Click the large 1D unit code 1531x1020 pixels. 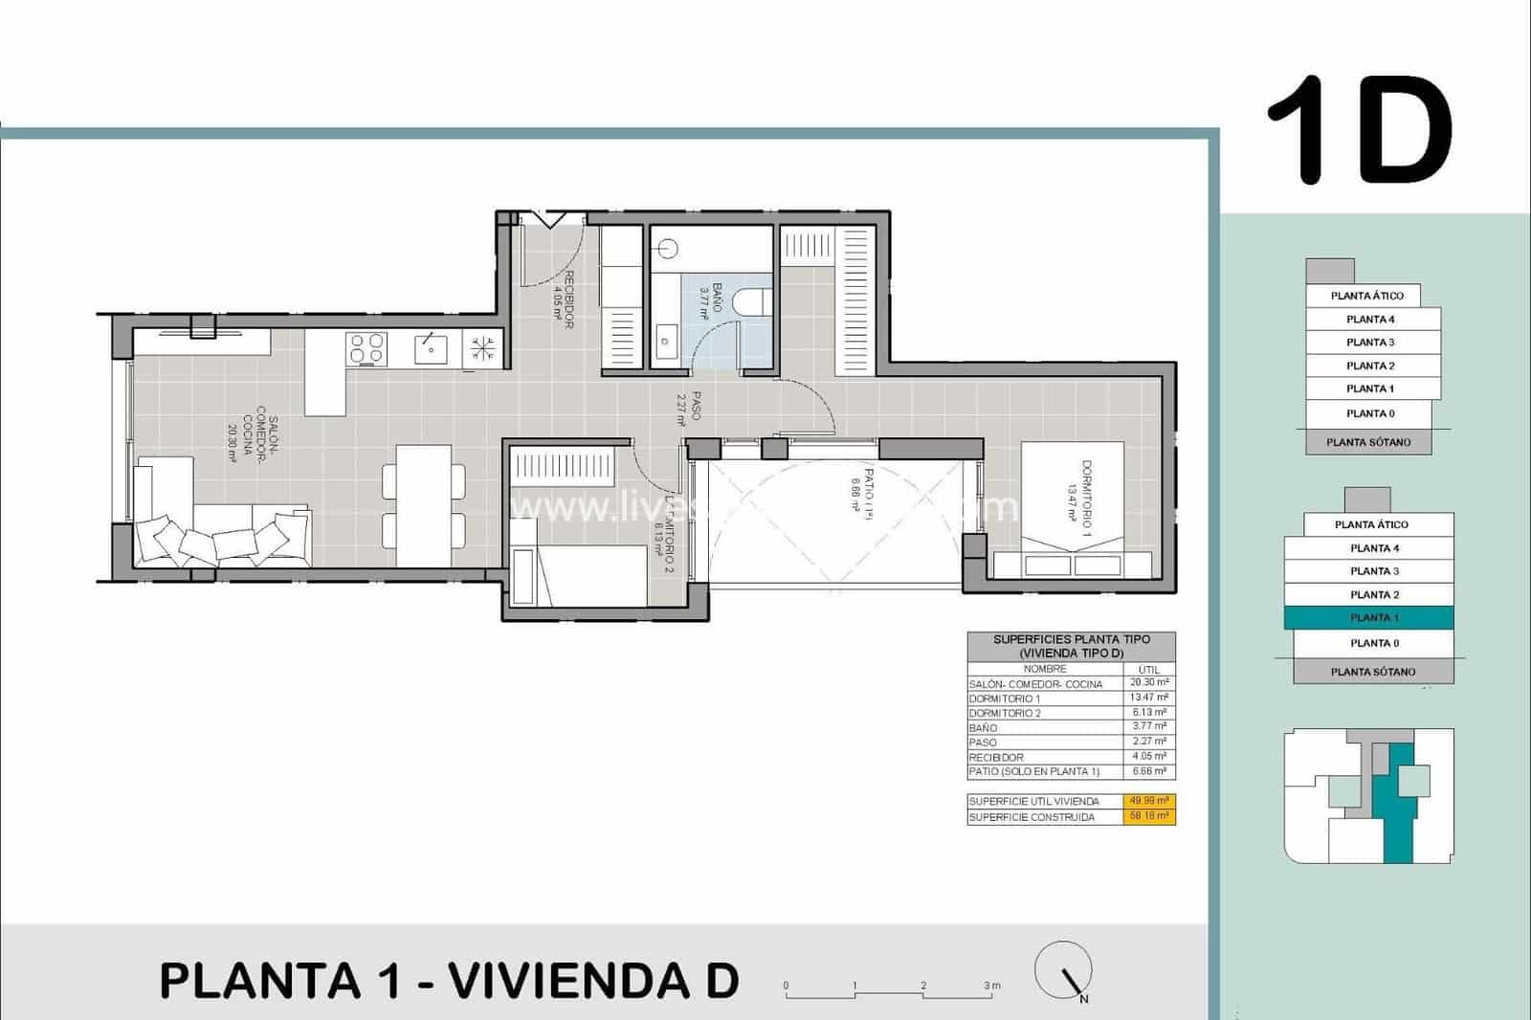tap(1359, 131)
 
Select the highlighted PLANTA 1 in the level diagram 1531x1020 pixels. tap(1368, 618)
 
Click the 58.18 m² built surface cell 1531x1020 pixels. tap(1149, 816)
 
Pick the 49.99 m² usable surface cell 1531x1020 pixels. tap(1149, 801)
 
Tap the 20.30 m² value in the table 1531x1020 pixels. tap(1148, 683)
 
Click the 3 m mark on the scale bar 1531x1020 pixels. tap(991, 986)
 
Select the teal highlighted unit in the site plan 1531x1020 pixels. tap(1397, 804)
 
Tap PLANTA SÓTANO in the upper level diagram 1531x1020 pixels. tap(1368, 442)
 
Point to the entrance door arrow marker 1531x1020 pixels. tap(551, 220)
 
